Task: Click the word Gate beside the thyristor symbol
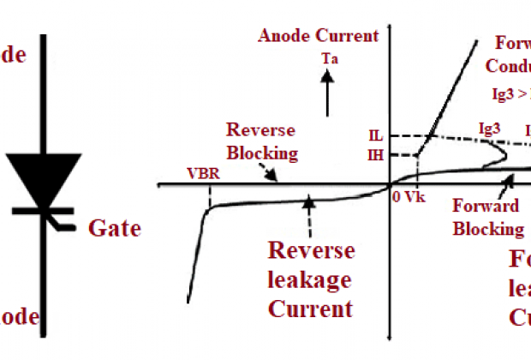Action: (114, 229)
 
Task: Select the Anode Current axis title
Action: (318, 36)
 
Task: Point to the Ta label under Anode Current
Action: (330, 58)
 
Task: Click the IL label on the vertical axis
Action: (374, 136)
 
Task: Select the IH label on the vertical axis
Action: (374, 155)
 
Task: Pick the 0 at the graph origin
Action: (397, 195)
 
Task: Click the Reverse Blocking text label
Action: (261, 141)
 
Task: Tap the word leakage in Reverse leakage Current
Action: (311, 279)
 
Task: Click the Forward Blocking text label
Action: (487, 218)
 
